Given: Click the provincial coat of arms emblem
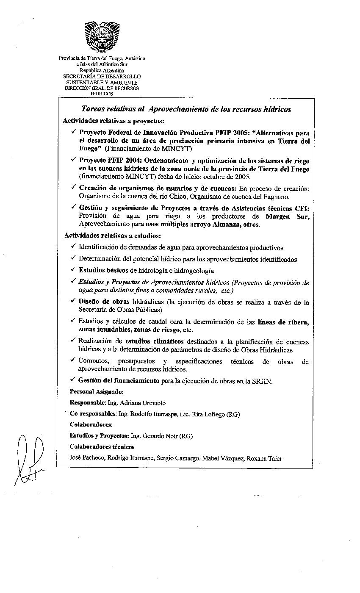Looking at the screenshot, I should (x=102, y=37).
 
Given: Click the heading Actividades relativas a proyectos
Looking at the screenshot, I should (x=108, y=121).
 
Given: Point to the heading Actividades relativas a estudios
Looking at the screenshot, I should (x=112, y=236).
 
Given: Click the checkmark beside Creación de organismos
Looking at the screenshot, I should (x=74, y=187).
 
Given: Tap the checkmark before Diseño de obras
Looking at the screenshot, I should (x=74, y=301).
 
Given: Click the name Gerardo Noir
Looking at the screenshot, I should (x=160, y=436).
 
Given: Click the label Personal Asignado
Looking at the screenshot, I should (x=97, y=392).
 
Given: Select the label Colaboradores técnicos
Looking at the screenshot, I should (x=102, y=447).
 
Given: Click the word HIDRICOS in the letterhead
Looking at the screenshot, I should (x=102, y=94).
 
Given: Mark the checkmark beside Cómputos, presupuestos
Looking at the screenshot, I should (x=74, y=360).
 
